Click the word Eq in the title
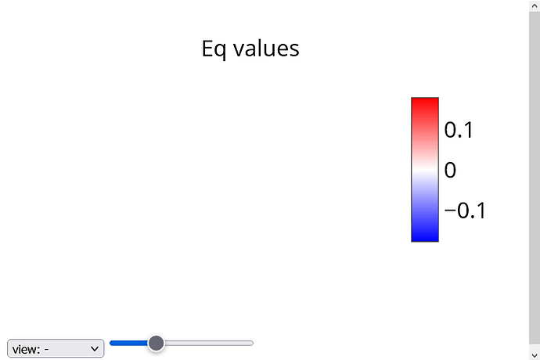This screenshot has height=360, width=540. (x=214, y=49)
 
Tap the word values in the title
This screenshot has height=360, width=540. (x=266, y=49)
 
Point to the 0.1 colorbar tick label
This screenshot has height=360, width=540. (x=459, y=130)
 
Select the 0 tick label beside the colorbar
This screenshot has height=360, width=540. (x=450, y=170)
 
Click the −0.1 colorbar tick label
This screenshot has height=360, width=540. (x=465, y=211)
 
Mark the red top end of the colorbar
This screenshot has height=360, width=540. (x=425, y=100)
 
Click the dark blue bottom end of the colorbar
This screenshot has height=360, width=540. (x=425, y=239)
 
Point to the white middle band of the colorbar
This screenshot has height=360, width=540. (x=425, y=170)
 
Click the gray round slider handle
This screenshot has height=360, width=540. (x=156, y=343)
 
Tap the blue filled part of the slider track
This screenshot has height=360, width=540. (x=129, y=343)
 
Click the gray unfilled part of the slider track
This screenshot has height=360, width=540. (x=209, y=343)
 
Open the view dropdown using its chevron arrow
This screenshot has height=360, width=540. (x=95, y=349)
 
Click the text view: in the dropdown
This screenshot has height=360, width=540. (x=26, y=349)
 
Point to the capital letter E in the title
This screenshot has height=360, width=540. (x=207, y=49)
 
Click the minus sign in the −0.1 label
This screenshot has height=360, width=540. (x=450, y=210)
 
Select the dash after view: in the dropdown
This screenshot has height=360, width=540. (x=46, y=350)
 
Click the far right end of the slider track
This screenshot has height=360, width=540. (x=253, y=343)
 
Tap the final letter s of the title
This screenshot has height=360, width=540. (x=294, y=50)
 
